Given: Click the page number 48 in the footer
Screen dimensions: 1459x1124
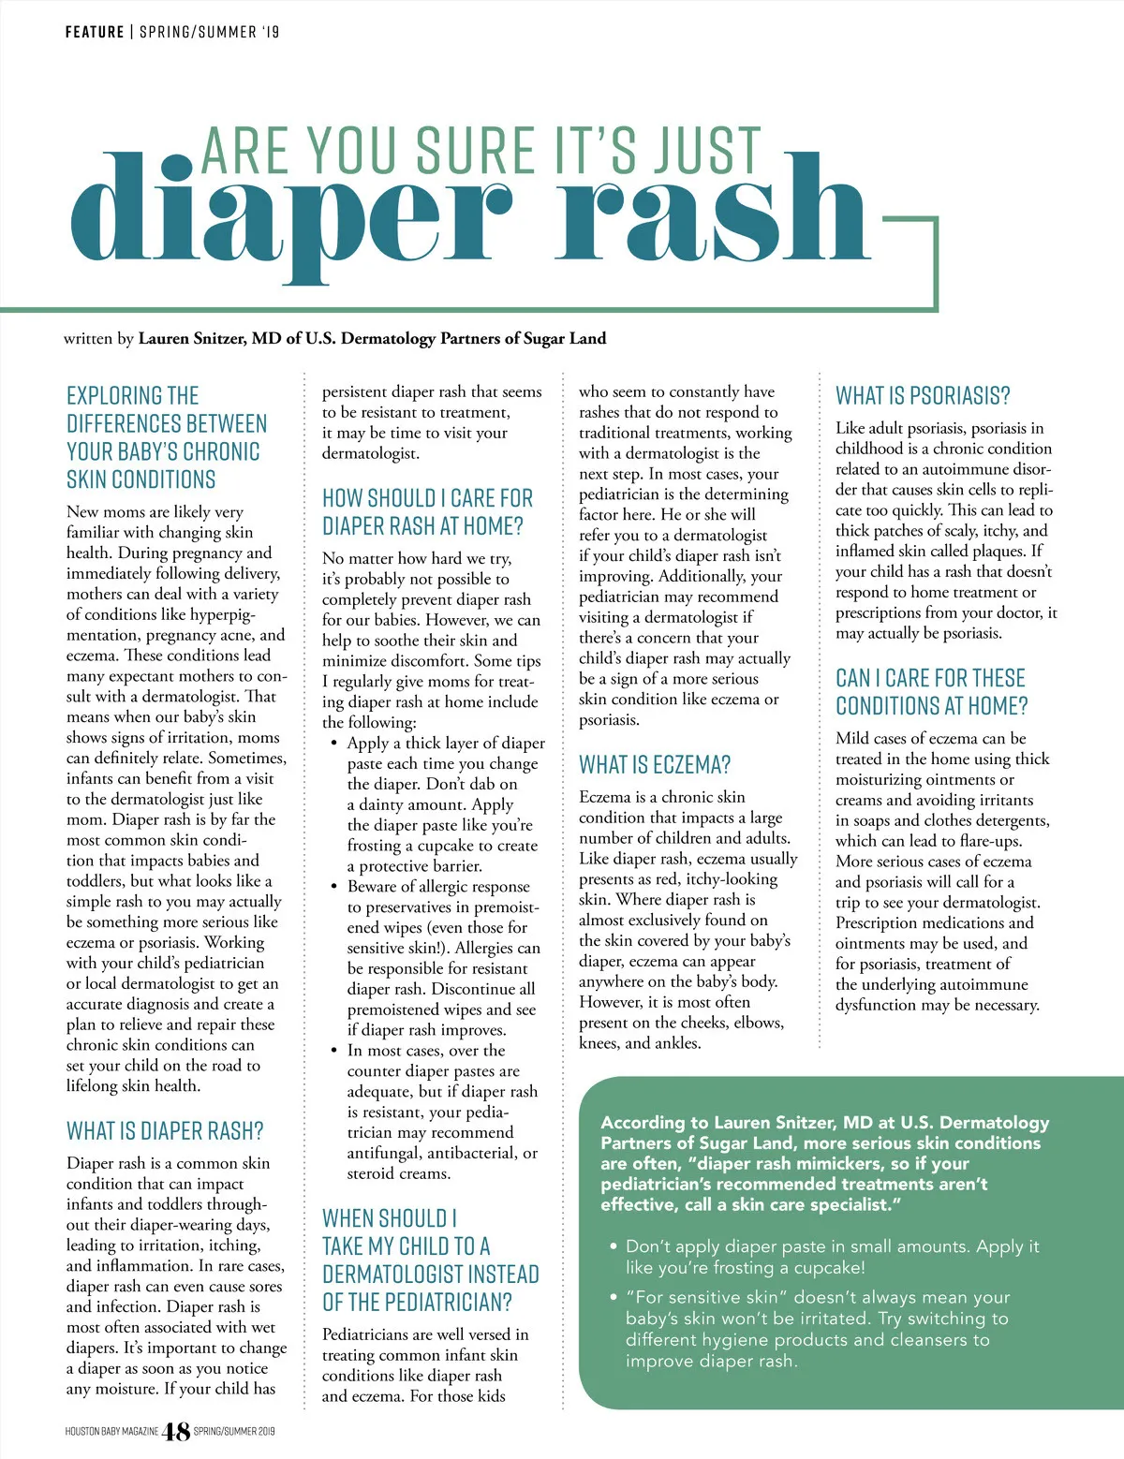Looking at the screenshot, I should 176,1431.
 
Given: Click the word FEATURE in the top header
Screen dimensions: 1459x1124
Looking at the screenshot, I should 95,32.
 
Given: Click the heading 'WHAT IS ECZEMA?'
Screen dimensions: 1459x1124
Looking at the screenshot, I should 655,765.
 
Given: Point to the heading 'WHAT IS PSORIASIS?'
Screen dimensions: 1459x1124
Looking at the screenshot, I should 923,396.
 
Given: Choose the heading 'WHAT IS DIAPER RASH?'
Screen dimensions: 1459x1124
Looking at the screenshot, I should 165,1131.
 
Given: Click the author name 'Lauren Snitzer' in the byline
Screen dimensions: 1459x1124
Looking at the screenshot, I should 193,338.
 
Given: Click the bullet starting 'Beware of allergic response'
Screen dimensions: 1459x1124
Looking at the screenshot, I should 438,886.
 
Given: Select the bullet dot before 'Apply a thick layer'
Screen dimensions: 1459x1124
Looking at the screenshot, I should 334,744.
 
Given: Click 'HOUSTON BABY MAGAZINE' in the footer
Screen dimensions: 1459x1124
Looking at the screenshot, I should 111,1431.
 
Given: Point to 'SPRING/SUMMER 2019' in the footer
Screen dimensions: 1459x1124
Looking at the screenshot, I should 234,1431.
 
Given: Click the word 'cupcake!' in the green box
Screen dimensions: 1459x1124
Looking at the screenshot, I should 825,1267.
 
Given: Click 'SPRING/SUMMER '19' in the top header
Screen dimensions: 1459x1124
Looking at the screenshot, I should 210,32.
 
